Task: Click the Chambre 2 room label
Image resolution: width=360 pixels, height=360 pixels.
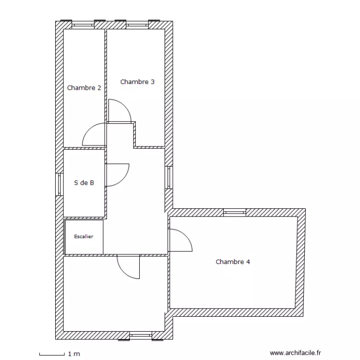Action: point(84,88)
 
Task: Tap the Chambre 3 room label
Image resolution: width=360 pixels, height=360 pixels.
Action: point(137,82)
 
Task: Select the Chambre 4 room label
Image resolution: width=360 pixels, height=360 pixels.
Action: point(233,262)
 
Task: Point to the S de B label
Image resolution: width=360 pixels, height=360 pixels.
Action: point(84,183)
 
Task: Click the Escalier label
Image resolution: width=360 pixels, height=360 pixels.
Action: point(84,237)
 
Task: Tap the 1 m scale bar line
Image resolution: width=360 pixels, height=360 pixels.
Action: point(52,355)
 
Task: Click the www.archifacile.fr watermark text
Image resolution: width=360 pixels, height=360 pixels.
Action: point(295,353)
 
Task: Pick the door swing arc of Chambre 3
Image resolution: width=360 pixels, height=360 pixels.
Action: point(125,106)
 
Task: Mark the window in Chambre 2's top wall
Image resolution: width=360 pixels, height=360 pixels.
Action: point(83,25)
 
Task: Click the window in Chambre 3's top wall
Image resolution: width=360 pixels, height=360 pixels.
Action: point(137,25)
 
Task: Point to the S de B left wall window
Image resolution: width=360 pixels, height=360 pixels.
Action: point(60,184)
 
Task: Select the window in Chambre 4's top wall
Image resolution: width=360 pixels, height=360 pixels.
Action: point(235,213)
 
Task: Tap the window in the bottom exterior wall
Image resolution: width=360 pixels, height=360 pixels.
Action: point(141,336)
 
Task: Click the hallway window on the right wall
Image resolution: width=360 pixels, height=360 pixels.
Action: point(169,178)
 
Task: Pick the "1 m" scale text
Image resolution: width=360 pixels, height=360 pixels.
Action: point(74,354)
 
